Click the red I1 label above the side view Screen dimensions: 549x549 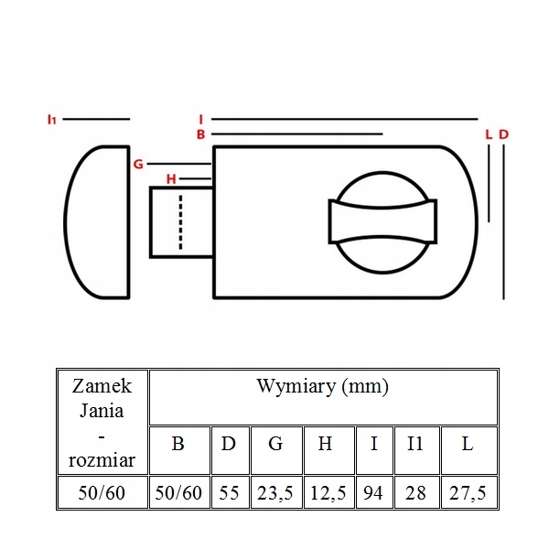52,119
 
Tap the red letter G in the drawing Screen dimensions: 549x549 138,165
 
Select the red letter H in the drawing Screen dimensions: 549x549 171,178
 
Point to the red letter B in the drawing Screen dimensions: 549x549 201,135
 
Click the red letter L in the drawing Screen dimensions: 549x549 490,135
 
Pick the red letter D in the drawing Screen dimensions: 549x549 503,135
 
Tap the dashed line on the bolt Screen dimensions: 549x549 181,222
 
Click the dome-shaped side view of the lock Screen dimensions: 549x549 98,222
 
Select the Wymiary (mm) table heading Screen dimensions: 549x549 323,386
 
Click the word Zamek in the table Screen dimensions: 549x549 102,385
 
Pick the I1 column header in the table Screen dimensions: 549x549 415,446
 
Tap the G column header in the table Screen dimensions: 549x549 275,446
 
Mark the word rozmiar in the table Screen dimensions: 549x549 102,454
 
